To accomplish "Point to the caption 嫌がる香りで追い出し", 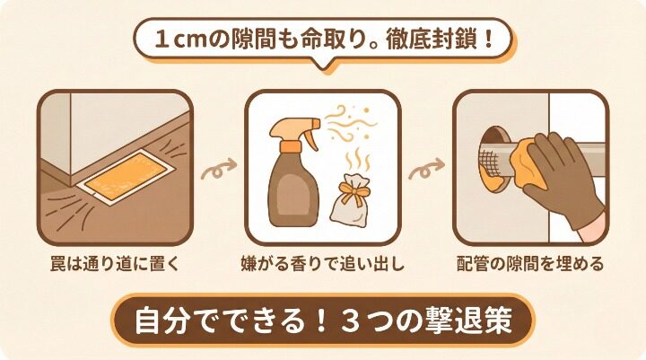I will (x=323, y=265).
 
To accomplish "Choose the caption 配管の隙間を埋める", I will (x=528, y=265).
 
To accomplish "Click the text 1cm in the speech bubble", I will (x=177, y=40).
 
